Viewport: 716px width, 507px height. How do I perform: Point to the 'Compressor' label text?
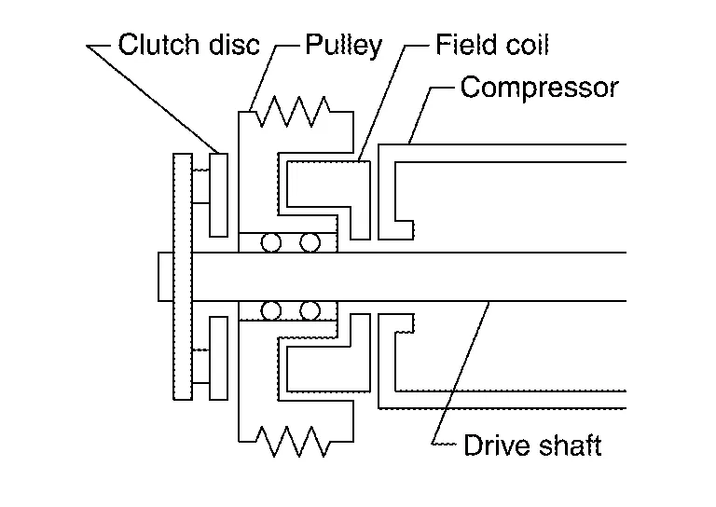tap(539, 89)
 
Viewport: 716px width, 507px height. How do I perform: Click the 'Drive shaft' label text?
tap(532, 445)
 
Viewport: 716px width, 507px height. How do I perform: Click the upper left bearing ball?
tap(271, 243)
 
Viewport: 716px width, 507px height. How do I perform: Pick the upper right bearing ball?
tap(310, 243)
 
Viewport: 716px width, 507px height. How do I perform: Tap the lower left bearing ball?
tap(271, 310)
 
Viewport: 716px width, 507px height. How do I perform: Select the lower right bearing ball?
tap(310, 310)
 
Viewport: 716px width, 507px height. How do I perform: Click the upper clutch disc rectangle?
tap(219, 195)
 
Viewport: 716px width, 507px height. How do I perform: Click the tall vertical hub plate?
tap(182, 277)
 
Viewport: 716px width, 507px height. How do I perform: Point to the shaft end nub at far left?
tap(165, 277)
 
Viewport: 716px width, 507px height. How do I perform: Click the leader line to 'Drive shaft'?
tap(461, 373)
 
